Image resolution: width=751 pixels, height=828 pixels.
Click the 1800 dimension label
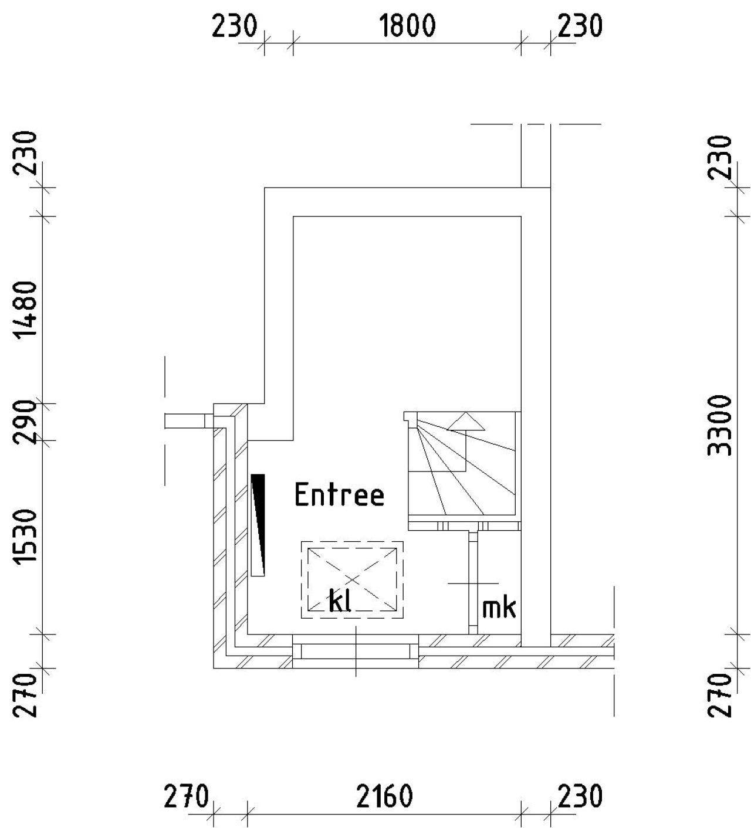[407, 26]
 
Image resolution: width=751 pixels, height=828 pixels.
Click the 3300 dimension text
[719, 426]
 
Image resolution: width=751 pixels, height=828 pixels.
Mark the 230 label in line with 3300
[719, 157]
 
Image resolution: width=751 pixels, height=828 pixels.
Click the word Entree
[340, 496]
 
